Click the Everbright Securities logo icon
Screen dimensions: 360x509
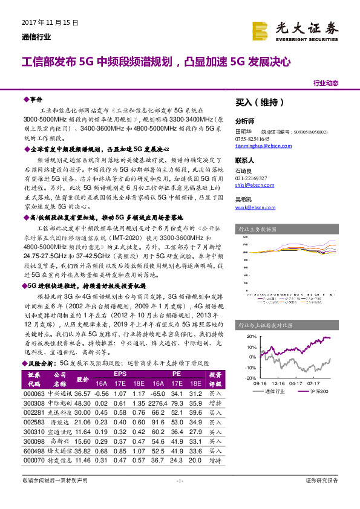(260, 30)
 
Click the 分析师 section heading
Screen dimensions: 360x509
(245, 120)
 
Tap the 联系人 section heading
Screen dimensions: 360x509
(245, 160)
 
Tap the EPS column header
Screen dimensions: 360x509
(120, 375)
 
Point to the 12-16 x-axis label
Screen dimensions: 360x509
(278, 383)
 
